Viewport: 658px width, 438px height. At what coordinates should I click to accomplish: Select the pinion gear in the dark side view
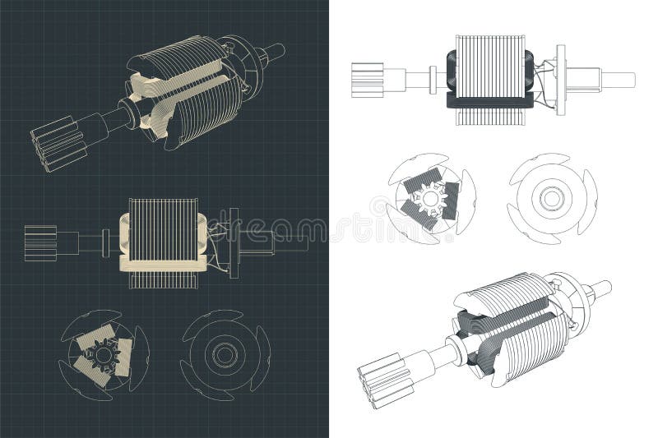pos(40,242)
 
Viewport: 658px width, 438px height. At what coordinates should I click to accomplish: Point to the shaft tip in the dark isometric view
pos(276,52)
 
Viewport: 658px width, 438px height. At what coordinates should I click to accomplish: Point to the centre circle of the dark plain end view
pos(224,354)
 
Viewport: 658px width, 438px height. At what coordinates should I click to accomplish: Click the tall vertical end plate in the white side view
pos(561,80)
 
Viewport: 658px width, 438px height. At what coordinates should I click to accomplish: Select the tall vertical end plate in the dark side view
pos(234,242)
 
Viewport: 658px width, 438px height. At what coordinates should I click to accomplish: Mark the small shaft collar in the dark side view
pos(105,242)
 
